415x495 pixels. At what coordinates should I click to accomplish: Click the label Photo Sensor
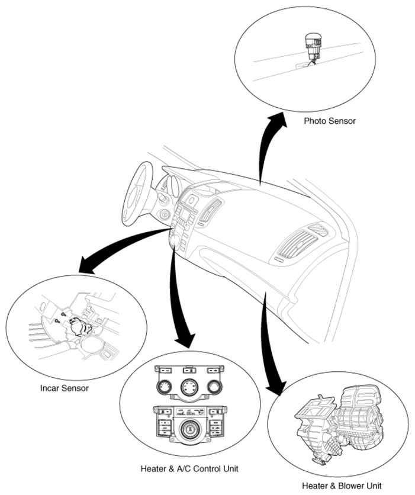[x=330, y=121]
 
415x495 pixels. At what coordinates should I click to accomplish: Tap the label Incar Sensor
[x=65, y=388]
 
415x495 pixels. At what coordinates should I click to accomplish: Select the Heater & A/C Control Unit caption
[x=189, y=468]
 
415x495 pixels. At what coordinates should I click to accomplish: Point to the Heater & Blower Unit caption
[x=342, y=486]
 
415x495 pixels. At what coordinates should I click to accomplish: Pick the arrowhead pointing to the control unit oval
[x=185, y=339]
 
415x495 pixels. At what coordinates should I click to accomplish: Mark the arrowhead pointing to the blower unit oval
[x=275, y=387]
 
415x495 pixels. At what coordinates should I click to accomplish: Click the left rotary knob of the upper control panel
[x=164, y=387]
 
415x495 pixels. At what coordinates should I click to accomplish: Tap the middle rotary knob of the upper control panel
[x=189, y=387]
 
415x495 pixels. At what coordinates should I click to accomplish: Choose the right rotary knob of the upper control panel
[x=215, y=387]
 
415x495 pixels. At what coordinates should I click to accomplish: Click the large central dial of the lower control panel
[x=189, y=430]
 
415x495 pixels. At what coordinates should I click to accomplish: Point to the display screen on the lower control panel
[x=189, y=412]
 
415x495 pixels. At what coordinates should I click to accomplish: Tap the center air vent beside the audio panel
[x=210, y=210]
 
